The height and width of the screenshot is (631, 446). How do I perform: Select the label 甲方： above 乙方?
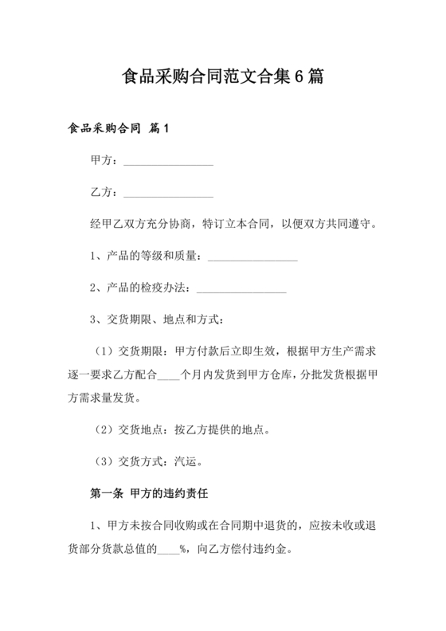[x=106, y=160]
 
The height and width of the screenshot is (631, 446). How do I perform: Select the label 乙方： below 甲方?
[x=106, y=192]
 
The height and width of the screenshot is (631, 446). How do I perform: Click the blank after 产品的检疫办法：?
[x=241, y=288]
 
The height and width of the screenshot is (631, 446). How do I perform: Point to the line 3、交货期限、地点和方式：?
[x=158, y=320]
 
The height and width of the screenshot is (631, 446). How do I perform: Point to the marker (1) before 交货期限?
[x=104, y=351]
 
